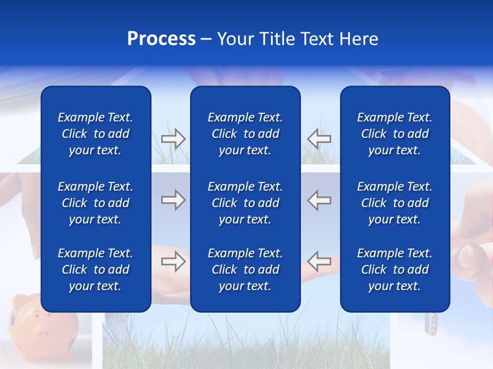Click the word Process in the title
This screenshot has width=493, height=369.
pyautogui.click(x=161, y=39)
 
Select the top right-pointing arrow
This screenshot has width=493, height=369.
pyautogui.click(x=173, y=139)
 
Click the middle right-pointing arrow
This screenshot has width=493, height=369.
pyautogui.click(x=173, y=200)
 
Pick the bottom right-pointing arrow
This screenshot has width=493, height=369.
pyautogui.click(x=173, y=261)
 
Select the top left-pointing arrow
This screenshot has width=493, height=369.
pyautogui.click(x=319, y=139)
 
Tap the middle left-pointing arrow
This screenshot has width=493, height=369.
pyautogui.click(x=319, y=200)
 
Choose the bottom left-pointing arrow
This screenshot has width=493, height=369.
pyautogui.click(x=319, y=261)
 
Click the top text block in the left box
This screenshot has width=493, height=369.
pyautogui.click(x=96, y=134)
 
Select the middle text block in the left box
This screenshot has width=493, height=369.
pyautogui.click(x=96, y=203)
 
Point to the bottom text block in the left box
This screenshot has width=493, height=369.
pyautogui.click(x=96, y=270)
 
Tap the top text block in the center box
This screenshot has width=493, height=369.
pyautogui.click(x=245, y=134)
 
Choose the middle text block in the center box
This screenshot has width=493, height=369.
pyautogui.click(x=245, y=203)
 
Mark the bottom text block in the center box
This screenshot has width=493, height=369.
pyautogui.click(x=245, y=270)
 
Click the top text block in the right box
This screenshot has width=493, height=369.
pyautogui.click(x=394, y=134)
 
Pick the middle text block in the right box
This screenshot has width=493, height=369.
pyautogui.click(x=394, y=203)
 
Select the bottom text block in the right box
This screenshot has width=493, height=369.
pyautogui.click(x=394, y=270)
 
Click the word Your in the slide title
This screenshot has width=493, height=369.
pyautogui.click(x=235, y=39)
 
